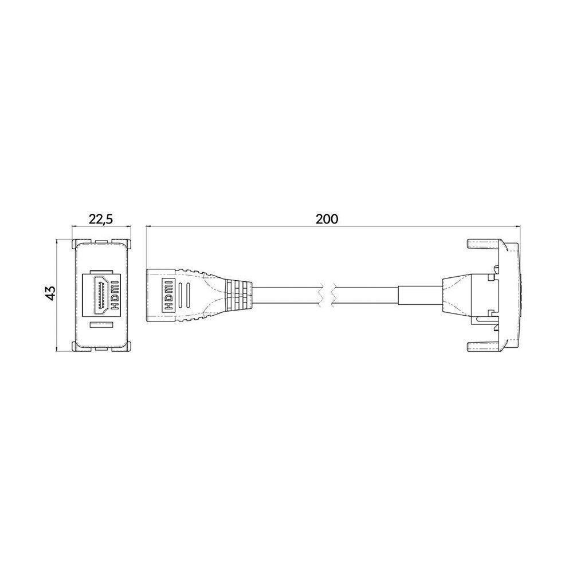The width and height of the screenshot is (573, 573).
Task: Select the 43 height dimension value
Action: [50, 293]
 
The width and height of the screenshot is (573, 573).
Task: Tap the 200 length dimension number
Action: [327, 219]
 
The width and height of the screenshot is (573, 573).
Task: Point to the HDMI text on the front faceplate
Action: [114, 293]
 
